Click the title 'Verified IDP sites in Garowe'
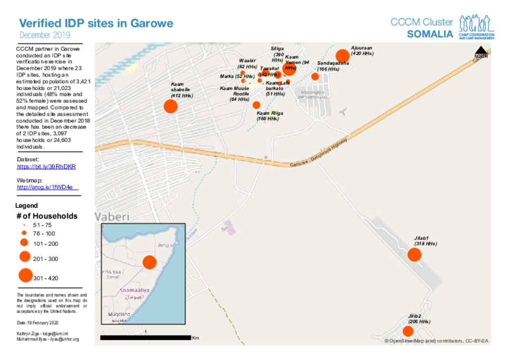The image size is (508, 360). coord(96,23)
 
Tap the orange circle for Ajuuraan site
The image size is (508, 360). coord(342,56)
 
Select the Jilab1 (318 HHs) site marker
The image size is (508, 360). coord(414,255)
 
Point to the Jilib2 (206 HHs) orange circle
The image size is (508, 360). coord(408,331)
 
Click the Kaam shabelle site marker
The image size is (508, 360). coord(171,106)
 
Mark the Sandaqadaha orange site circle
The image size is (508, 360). coord(315,76)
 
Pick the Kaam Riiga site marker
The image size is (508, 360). coord(256,105)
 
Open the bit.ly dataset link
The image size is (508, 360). coord(46,167)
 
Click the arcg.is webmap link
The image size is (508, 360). coord(47,187)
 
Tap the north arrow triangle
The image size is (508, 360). coord(481,50)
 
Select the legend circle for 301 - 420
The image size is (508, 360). coord(25,275)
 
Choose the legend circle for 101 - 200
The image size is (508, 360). coord(24,243)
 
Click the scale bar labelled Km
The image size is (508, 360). coord(145,338)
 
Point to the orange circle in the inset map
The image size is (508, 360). coord(149,262)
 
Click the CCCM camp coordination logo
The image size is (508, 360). coord(476,27)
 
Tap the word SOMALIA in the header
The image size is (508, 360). coord(430,35)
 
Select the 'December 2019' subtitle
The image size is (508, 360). coord(45,35)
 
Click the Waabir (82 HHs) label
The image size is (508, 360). coord(247,63)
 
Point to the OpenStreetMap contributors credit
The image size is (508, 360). coord(436,341)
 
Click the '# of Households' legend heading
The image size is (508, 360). coord(47,216)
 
